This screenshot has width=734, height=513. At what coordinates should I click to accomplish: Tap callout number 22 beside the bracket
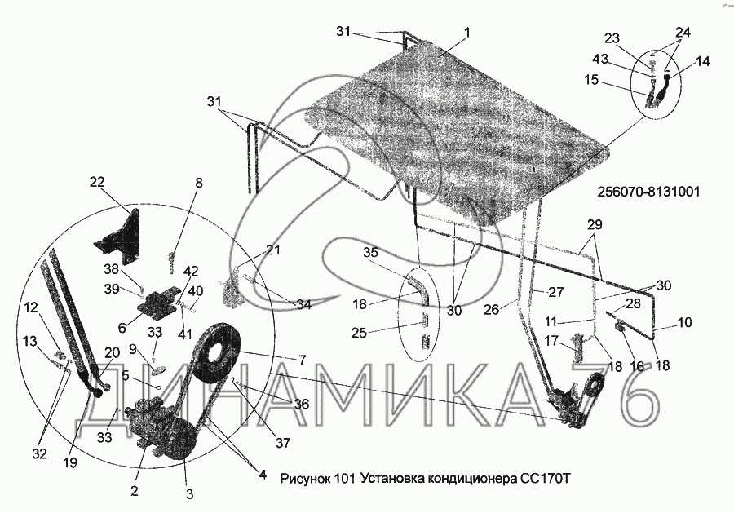coord(98,183)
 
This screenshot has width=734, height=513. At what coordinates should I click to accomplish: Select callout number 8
coord(198,184)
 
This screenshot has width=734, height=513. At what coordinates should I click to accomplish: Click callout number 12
coord(30,307)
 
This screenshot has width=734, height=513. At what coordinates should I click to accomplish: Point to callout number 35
coord(370,253)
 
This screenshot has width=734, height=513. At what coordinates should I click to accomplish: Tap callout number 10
coord(684,323)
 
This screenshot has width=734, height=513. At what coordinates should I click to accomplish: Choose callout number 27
coord(556,291)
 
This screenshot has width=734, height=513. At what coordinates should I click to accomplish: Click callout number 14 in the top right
coord(703,60)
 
